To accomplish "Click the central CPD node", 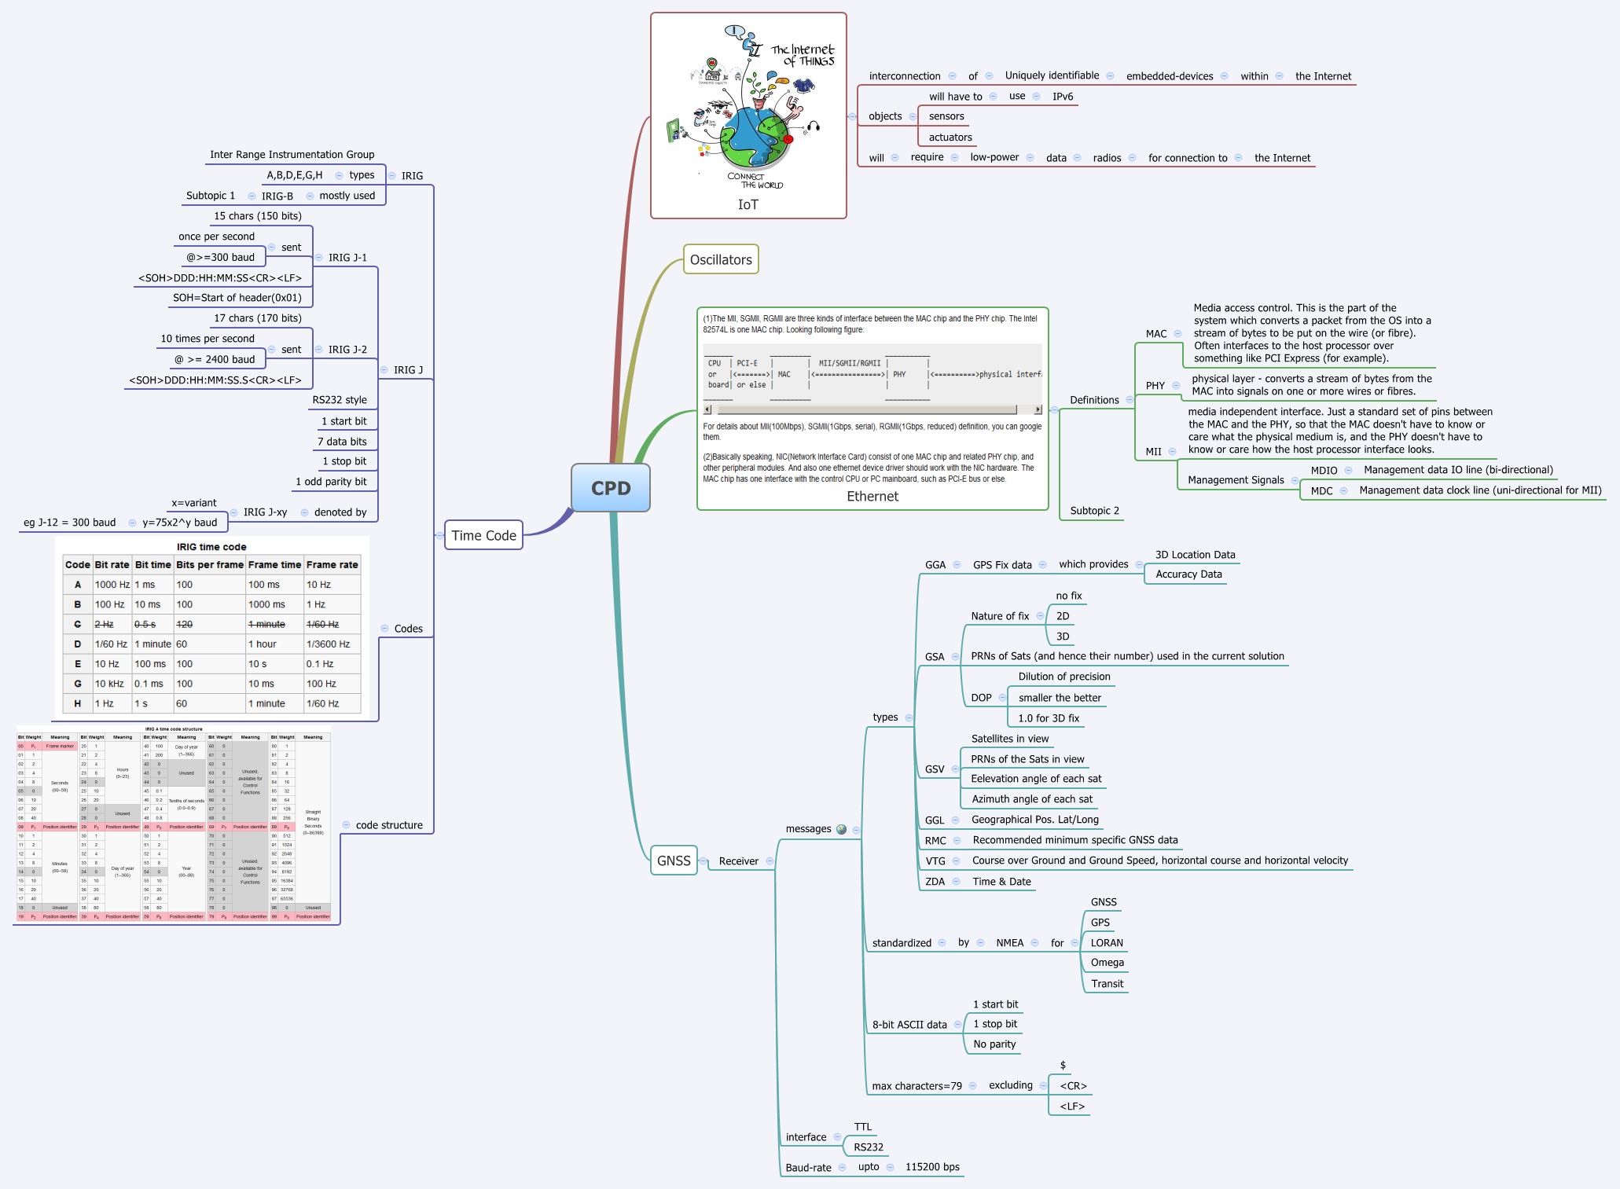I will coord(610,488).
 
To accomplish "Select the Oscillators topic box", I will coord(720,259).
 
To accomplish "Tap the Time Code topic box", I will coord(483,535).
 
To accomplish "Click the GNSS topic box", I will coord(674,861).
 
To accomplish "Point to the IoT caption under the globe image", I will coord(748,204).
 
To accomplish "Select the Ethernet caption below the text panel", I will coord(872,496).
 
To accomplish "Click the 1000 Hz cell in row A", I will coord(112,585).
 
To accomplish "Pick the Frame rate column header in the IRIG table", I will coord(332,564).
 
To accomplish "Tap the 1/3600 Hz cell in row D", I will coord(328,644).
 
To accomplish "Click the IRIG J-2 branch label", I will coord(347,349).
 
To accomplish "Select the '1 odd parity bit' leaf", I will coord(331,481).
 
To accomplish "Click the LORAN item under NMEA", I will coord(1106,942).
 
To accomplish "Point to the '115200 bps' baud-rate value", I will coord(932,1166).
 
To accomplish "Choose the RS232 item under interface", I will coord(869,1147).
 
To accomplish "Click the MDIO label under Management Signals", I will coord(1324,470).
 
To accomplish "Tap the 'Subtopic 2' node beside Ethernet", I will coord(1094,510).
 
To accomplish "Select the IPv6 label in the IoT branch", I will coord(1062,96).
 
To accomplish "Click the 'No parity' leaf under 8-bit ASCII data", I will coord(994,1044).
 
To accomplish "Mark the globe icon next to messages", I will coord(842,829).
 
